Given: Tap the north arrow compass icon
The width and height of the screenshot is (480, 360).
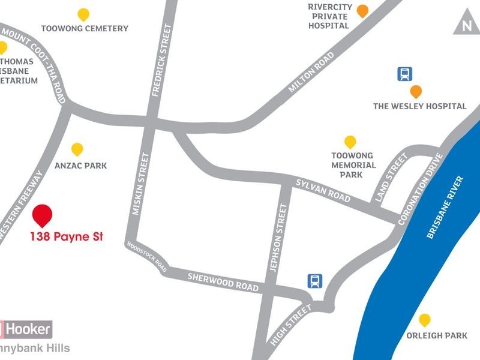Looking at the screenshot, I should coord(466,25).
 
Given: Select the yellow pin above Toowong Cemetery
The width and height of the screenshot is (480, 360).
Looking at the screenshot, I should coord(84,14).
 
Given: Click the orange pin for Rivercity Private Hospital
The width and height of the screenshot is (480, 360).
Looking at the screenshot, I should coord(362,10).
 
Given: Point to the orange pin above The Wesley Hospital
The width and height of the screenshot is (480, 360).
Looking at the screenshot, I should coord(415,92).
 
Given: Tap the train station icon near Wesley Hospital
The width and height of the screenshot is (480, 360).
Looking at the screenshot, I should coord(405,74).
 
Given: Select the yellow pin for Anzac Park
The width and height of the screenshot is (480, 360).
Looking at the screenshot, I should coord(77,149).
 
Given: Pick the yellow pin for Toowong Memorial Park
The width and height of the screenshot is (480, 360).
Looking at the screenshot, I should coord(350,142).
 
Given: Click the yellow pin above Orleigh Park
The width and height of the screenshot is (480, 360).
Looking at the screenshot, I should coord(425,320).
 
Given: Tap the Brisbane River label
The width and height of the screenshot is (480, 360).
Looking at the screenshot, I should coord(446,208).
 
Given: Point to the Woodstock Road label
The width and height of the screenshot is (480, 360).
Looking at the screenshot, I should coord(146,256).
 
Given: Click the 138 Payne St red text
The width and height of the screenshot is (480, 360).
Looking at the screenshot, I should coord(67,236).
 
